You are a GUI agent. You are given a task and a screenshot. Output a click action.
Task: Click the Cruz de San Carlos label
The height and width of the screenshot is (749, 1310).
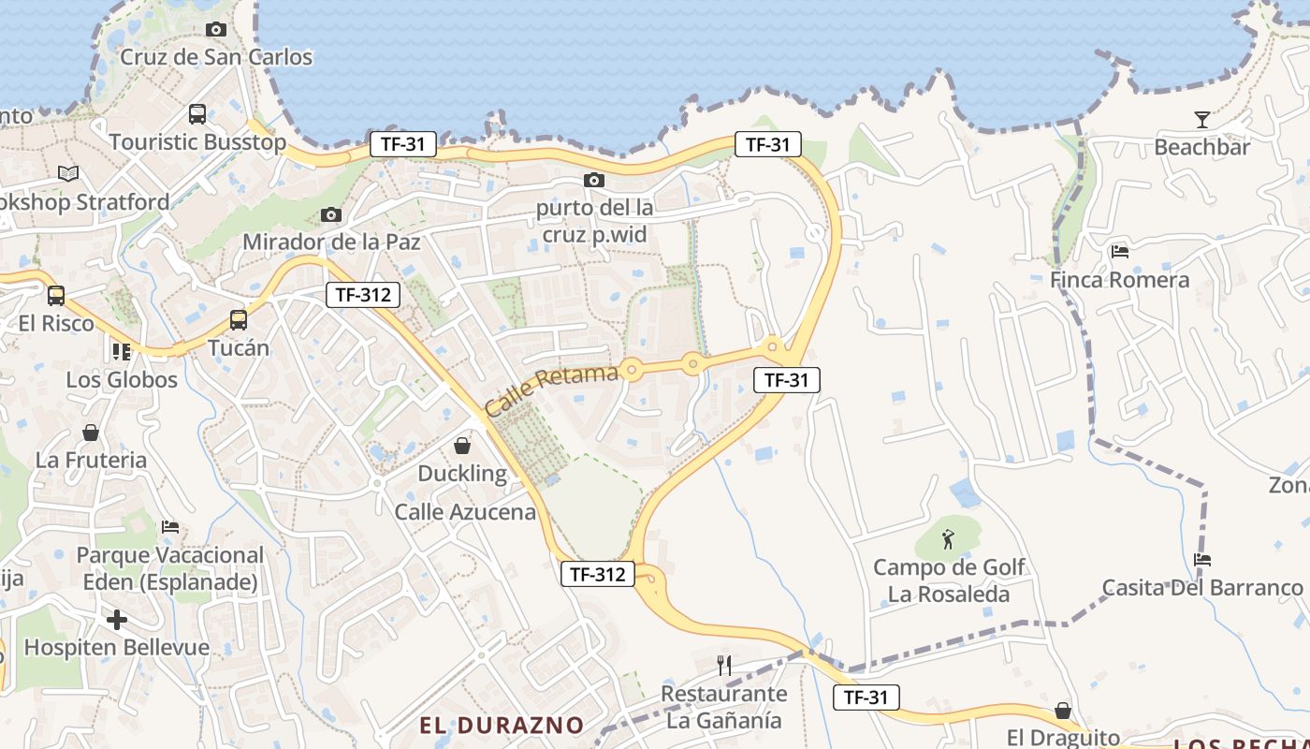click(216, 57)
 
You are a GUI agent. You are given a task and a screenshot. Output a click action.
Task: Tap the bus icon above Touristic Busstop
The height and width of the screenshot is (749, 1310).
click(197, 114)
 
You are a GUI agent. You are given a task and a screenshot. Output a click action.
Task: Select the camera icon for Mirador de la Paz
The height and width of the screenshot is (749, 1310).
click(330, 215)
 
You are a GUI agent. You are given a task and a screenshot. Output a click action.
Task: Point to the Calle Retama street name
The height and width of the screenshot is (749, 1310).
click(552, 390)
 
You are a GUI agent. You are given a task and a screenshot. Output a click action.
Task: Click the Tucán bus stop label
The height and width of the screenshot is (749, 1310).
click(238, 348)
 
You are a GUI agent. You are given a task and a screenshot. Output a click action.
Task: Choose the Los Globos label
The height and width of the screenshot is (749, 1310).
click(122, 380)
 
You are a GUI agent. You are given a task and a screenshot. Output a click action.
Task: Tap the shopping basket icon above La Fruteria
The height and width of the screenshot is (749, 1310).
click(91, 433)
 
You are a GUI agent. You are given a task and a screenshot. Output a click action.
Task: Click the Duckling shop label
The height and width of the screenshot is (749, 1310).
click(462, 474)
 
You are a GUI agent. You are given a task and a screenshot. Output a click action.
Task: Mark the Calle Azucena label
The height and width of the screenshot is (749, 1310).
click(465, 512)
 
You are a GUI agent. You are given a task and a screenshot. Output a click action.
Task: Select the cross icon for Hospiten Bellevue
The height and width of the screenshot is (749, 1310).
click(117, 620)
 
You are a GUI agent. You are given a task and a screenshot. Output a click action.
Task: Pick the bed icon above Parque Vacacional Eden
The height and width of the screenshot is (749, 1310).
click(169, 527)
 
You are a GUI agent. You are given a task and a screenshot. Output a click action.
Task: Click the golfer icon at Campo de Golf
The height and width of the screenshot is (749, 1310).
click(948, 539)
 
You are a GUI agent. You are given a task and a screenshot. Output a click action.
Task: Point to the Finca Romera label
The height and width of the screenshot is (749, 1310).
click(1119, 280)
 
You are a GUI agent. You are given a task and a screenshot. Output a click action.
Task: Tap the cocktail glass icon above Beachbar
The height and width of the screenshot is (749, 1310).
click(1202, 119)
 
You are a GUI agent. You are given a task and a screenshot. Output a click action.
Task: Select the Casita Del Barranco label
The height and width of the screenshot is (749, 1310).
click(1202, 588)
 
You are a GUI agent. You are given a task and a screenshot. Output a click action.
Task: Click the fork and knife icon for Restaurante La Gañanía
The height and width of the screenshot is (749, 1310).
click(723, 665)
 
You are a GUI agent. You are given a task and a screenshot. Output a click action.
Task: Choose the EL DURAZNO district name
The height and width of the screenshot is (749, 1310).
click(502, 726)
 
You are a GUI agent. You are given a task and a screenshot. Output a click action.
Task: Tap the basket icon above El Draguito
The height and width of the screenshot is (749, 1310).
click(1063, 710)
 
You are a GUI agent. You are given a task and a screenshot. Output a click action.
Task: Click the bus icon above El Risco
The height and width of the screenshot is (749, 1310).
click(56, 296)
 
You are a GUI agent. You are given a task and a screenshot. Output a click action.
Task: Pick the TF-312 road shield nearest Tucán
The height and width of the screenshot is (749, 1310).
click(364, 294)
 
